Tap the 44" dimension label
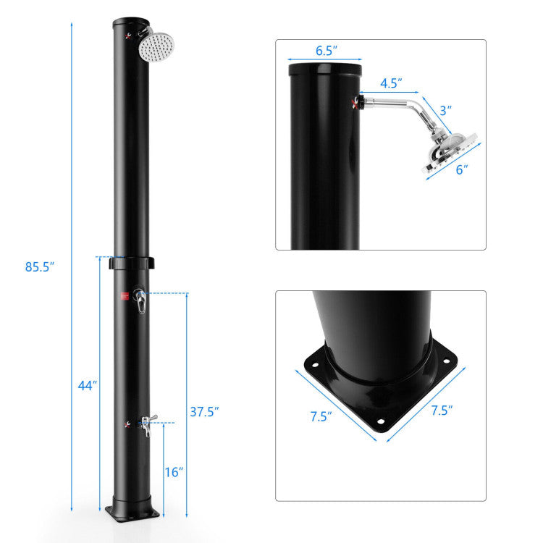(87, 386)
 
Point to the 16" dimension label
(173, 471)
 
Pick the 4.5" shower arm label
(391, 83)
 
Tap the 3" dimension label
(445, 110)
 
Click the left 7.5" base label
(321, 416)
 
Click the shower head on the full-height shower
(153, 48)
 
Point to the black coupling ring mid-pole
(132, 262)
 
